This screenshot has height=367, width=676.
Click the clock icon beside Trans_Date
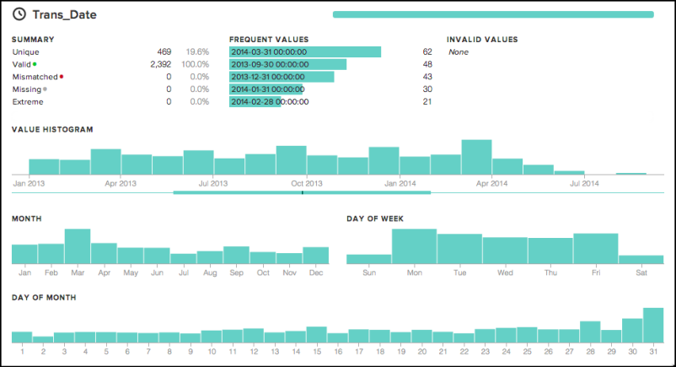click(x=19, y=14)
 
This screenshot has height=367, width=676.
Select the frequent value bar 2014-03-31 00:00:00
click(x=305, y=51)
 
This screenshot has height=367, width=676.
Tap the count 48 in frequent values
click(x=427, y=64)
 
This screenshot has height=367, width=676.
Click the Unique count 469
click(x=164, y=51)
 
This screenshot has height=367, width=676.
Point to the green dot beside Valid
click(x=35, y=64)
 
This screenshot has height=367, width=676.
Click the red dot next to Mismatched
click(x=62, y=77)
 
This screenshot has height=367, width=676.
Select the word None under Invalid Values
click(x=459, y=51)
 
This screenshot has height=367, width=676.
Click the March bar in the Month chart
click(x=78, y=246)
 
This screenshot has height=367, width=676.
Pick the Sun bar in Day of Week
click(x=369, y=259)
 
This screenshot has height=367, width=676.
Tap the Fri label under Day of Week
click(x=596, y=273)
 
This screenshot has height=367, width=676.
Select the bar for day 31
click(x=653, y=325)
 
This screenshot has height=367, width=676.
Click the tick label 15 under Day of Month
click(x=317, y=352)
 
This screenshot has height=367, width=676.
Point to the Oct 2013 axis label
click(x=307, y=184)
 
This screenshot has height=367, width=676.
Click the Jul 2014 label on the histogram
click(x=584, y=184)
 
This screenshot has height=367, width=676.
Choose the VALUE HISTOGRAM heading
click(x=52, y=130)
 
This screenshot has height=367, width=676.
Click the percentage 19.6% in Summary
click(x=197, y=51)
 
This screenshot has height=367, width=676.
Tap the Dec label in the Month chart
click(x=316, y=273)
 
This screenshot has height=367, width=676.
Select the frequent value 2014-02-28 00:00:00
click(x=270, y=102)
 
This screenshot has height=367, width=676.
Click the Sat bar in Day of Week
click(x=641, y=260)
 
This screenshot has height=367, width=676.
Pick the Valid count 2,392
click(x=161, y=64)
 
